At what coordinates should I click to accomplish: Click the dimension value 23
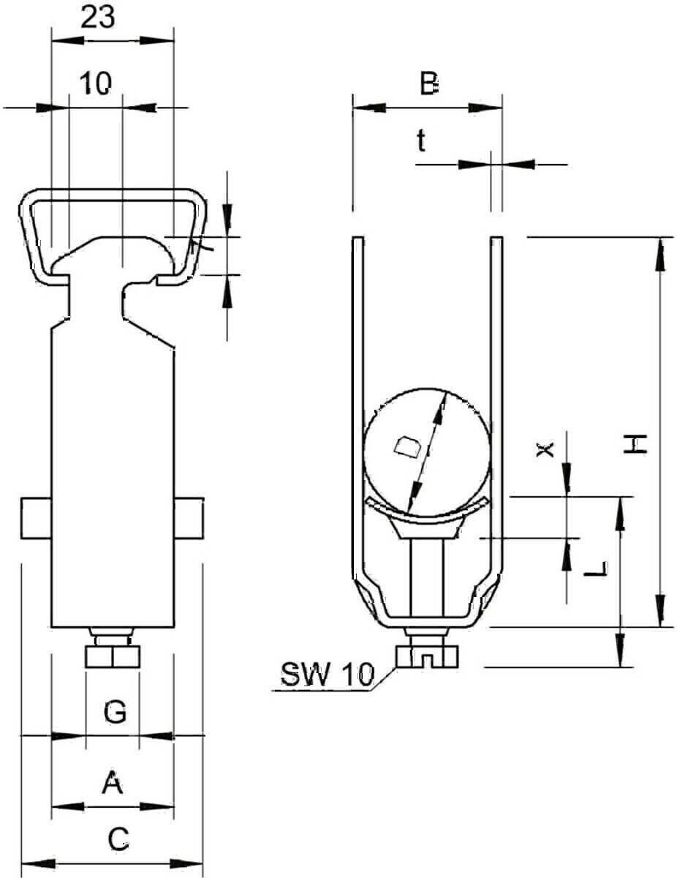tap(98, 18)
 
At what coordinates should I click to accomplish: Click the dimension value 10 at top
tap(96, 83)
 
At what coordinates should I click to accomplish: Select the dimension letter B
tap(428, 83)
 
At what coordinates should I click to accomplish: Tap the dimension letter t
tap(421, 141)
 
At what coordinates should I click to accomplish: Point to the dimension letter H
tap(635, 443)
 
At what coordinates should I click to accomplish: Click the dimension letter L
tap(596, 569)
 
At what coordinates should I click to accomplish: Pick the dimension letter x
tap(545, 449)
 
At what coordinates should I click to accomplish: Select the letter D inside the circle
tap(408, 447)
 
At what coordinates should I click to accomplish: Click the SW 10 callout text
tap(327, 675)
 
